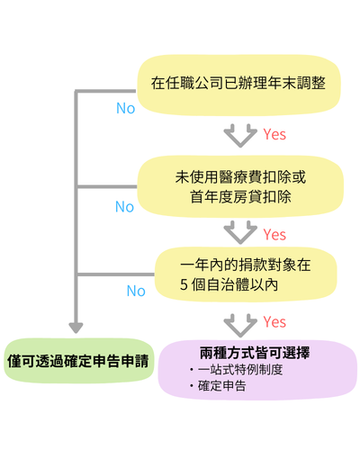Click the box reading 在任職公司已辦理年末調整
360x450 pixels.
point(238,84)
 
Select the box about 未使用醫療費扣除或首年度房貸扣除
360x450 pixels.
point(238,184)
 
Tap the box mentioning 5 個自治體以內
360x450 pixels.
point(238,274)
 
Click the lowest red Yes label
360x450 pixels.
point(274,321)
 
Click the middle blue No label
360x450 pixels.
point(124,207)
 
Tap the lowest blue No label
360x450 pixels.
point(136,291)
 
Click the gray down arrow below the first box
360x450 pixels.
point(239,136)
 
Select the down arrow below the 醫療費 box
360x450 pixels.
point(239,233)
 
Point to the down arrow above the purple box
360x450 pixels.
point(239,322)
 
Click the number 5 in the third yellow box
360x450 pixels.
point(184,284)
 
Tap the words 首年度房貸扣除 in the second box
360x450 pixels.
point(238,194)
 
